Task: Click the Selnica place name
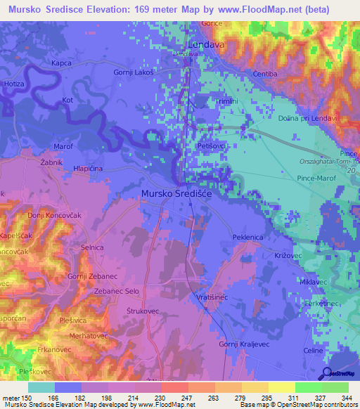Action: (x=92, y=247)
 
